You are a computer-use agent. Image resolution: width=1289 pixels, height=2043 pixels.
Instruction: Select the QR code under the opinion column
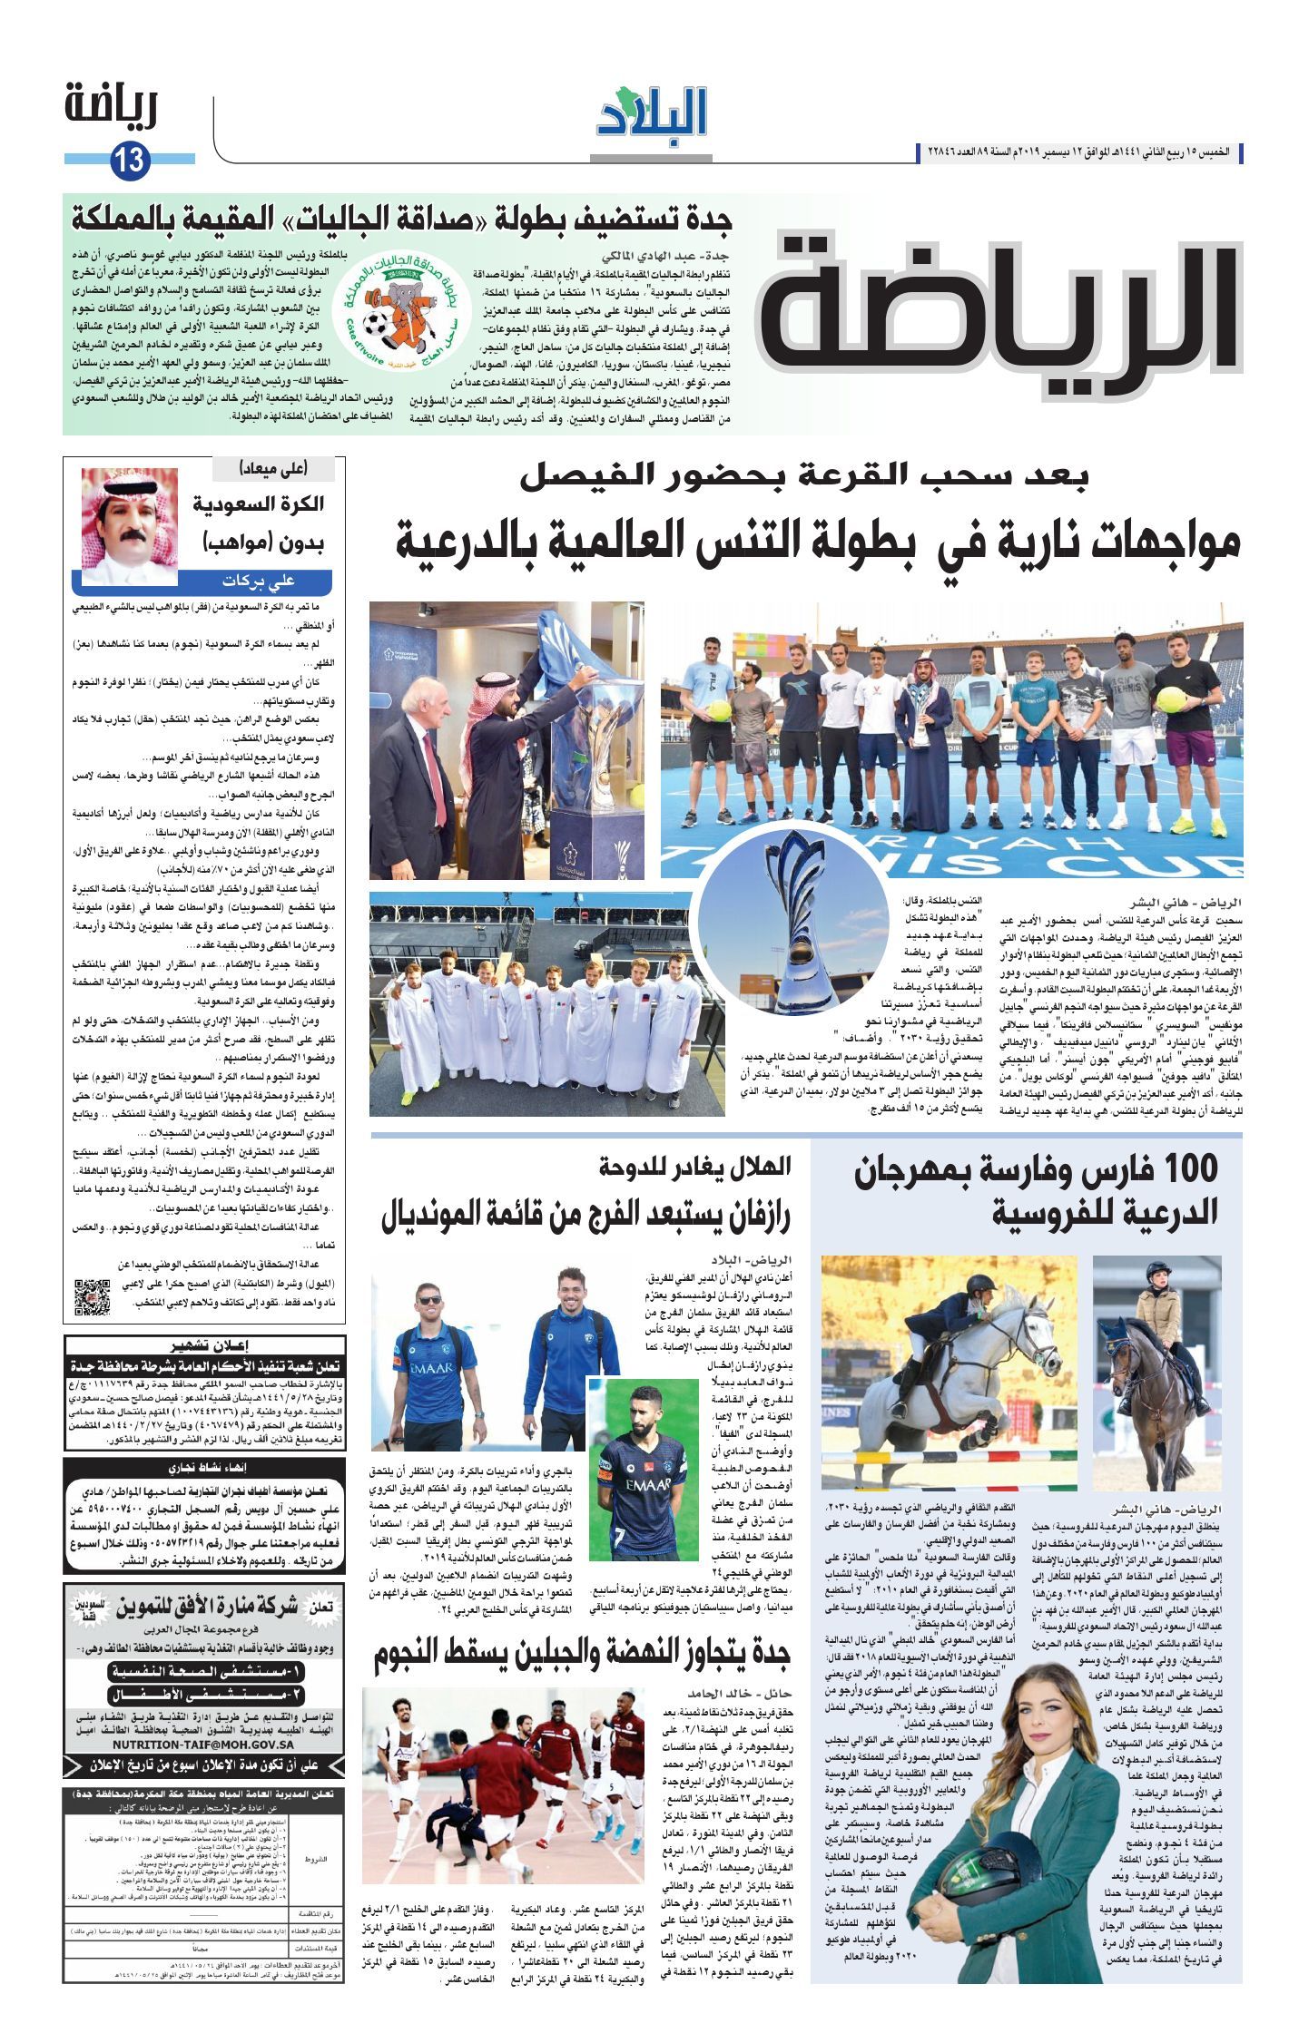pyautogui.click(x=92, y=1296)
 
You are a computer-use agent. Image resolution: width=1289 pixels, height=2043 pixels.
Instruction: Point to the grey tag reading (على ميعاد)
pyautogui.click(x=273, y=469)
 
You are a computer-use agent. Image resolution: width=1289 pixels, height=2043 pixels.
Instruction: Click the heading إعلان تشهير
pyautogui.click(x=204, y=1345)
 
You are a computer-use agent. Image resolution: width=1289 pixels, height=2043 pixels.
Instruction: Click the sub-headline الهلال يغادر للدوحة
pyautogui.click(x=695, y=1167)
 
